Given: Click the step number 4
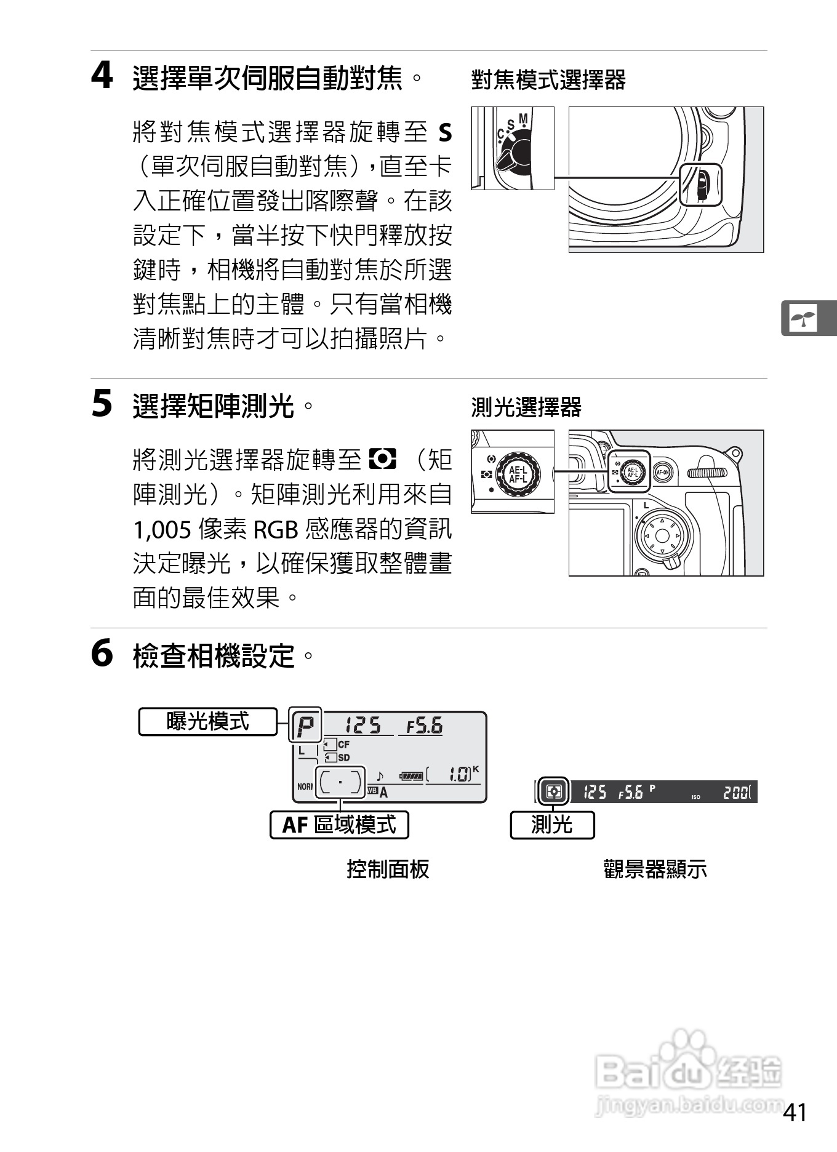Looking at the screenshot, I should tap(102, 77).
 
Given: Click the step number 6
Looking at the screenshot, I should tap(102, 654).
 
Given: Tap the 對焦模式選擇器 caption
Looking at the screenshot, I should tap(548, 80).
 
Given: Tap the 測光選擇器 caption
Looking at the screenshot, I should tap(526, 407).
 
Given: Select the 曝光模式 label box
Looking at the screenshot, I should tap(207, 721).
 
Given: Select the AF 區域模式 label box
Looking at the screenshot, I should tap(339, 825).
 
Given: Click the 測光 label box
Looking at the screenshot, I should tap(552, 825).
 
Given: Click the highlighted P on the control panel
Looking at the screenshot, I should tap(306, 726).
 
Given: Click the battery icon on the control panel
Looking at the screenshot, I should tap(410, 777).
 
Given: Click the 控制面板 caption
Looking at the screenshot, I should tap(388, 869).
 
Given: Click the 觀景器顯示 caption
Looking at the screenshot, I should tap(655, 869).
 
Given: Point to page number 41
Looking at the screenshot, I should tap(795, 1112).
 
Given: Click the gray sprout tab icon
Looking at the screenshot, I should tap(803, 318).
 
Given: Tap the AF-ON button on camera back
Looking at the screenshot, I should tap(663, 473).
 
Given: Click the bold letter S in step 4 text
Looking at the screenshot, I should tap(444, 133).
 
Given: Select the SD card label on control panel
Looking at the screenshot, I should tap(343, 758).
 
